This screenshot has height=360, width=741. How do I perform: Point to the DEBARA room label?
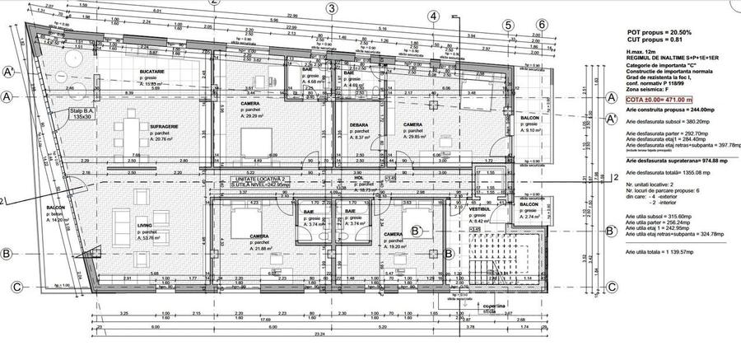358,125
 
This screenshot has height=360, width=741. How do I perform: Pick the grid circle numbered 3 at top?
332,9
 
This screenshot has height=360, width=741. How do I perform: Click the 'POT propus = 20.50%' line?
658,31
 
